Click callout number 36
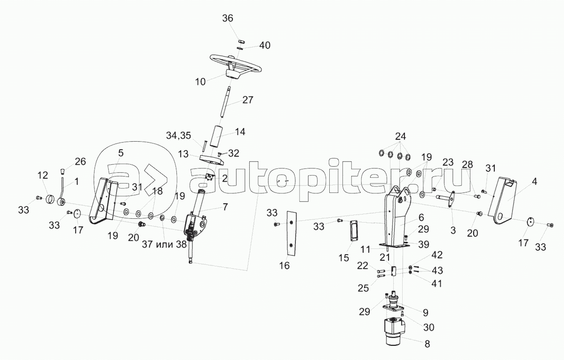[228, 18]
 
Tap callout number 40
[265, 45]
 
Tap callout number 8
[427, 344]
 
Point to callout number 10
[200, 81]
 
